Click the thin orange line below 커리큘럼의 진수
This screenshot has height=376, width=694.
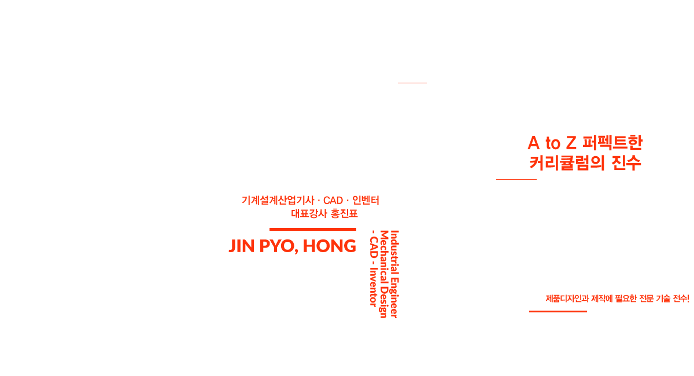click(x=516, y=179)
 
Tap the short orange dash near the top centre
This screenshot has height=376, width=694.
click(x=412, y=83)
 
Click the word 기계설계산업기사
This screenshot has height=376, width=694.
click(x=278, y=201)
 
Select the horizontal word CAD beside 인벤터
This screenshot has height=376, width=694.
click(x=333, y=201)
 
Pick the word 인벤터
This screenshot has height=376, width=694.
click(x=365, y=201)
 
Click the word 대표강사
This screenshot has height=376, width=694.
click(x=309, y=213)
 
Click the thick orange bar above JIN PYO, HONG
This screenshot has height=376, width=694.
click(x=312, y=229)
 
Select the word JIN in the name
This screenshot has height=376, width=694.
click(x=242, y=246)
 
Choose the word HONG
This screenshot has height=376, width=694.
click(x=329, y=246)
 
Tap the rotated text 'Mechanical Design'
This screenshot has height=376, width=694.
click(x=383, y=273)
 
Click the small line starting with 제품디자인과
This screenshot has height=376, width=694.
click(x=617, y=298)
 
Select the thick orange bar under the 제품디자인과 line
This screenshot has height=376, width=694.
click(x=558, y=311)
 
